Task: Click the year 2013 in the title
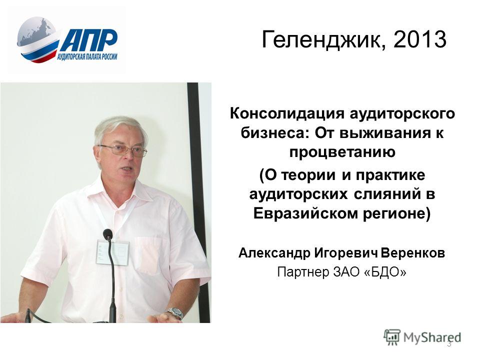tap(419, 39)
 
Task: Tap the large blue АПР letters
tap(88, 40)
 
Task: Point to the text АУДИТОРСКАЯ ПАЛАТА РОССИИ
tap(87, 56)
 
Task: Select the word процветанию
tap(342, 152)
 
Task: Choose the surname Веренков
tap(413, 253)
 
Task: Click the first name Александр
tap(274, 253)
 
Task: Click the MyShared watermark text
tap(432, 337)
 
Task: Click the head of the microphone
tap(108, 234)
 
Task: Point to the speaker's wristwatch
tap(175, 312)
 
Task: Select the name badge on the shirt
tap(112, 252)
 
